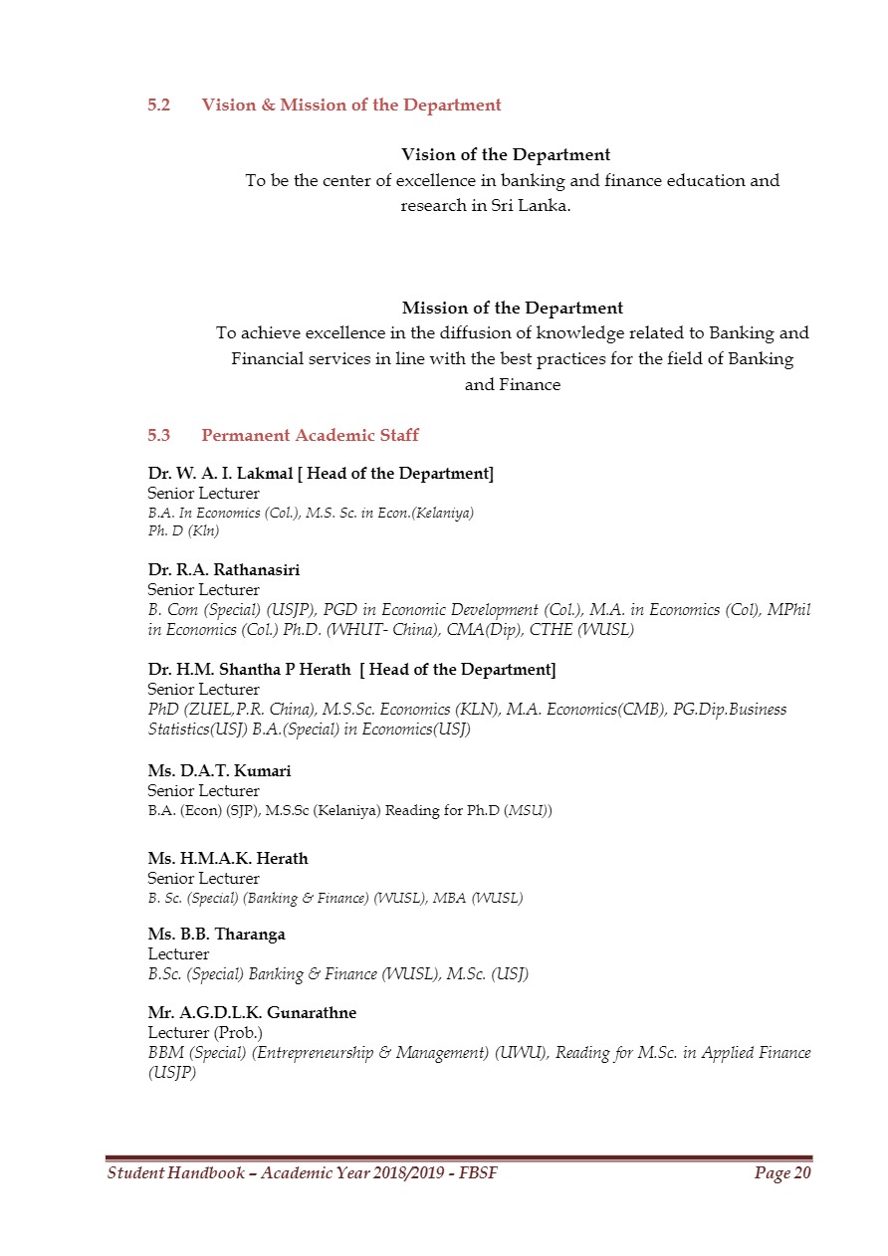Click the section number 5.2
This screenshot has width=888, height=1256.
[159, 105]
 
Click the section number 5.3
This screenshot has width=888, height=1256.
[159, 435]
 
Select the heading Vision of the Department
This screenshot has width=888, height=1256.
[506, 154]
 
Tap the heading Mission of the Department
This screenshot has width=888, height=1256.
[513, 308]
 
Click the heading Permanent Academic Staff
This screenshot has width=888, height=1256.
[310, 435]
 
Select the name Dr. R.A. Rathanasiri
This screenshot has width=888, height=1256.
[224, 570]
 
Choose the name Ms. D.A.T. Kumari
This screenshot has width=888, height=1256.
[219, 770]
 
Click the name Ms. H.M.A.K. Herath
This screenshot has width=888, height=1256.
[228, 858]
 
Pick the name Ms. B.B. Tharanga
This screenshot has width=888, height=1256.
[216, 935]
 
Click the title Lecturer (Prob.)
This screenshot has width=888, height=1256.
[205, 1032]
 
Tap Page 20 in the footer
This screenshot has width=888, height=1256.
[782, 1173]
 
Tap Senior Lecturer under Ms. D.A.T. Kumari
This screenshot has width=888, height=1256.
[203, 790]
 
